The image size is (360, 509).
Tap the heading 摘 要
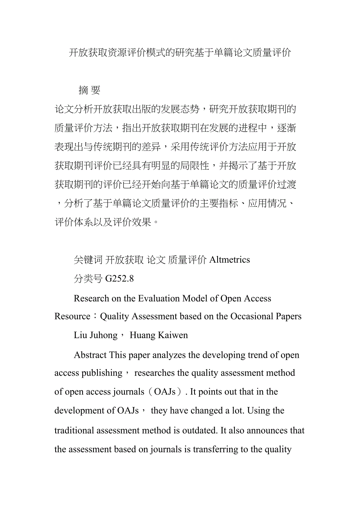pos(90,90)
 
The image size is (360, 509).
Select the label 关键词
pos(88,260)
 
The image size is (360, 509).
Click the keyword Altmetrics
pos(230,260)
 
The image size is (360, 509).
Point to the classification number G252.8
pos(120,279)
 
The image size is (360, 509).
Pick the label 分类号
pos(88,279)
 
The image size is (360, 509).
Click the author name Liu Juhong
pos(95,335)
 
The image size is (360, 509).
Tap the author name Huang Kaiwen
pos(159,335)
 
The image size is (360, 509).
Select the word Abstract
pos(90,355)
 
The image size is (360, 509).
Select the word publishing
pos(102,373)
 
